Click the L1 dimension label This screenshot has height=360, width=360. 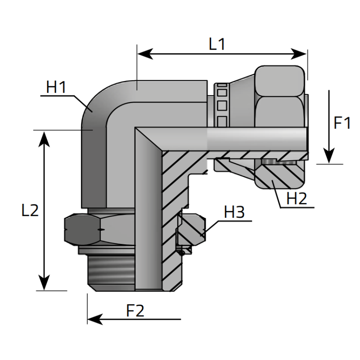point(217,44)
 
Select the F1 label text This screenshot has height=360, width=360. point(342,123)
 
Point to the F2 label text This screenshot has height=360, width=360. point(135,310)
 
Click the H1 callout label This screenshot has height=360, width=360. point(56,87)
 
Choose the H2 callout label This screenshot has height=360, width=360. point(297,198)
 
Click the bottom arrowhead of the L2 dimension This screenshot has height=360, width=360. point(44,284)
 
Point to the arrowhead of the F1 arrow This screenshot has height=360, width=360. point(329,157)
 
